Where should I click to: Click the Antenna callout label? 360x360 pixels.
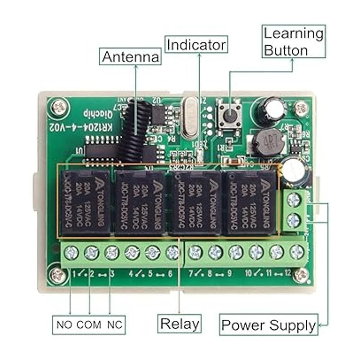tap(130, 57)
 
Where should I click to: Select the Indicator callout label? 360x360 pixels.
tap(196, 45)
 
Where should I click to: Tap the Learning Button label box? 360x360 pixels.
tap(293, 42)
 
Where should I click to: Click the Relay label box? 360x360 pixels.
tap(179, 324)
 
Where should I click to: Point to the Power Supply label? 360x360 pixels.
tap(268, 325)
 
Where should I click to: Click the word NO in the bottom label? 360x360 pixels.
tap(64, 325)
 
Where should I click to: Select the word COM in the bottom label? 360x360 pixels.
tap(88, 325)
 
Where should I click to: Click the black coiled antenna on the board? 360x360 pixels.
tap(134, 129)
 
